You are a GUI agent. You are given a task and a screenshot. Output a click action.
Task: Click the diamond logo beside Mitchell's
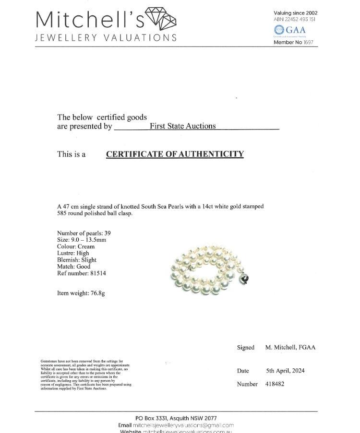click(161, 19)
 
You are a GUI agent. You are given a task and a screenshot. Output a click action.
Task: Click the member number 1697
click(308, 43)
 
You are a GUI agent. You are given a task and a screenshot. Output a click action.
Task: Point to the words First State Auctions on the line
click(182, 126)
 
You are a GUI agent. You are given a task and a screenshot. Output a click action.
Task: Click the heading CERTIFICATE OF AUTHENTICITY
click(175, 154)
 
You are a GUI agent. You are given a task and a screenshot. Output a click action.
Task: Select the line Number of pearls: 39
click(84, 233)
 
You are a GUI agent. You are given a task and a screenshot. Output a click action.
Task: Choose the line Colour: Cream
click(76, 246)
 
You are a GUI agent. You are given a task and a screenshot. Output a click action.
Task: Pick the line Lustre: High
click(73, 253)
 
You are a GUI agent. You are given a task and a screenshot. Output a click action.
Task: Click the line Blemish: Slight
click(77, 260)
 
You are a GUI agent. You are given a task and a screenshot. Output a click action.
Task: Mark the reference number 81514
click(95, 273)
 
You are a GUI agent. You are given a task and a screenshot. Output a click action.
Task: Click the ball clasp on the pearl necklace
click(244, 279)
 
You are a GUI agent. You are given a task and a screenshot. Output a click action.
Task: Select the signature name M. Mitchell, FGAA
click(290, 348)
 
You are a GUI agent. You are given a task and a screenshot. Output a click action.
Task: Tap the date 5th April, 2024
click(285, 371)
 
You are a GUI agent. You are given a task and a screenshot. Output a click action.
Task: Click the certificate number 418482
click(275, 384)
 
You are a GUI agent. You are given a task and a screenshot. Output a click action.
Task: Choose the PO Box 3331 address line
click(176, 418)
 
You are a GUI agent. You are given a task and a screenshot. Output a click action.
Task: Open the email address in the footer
click(183, 425)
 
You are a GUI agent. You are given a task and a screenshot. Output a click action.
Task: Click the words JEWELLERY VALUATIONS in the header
click(106, 38)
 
